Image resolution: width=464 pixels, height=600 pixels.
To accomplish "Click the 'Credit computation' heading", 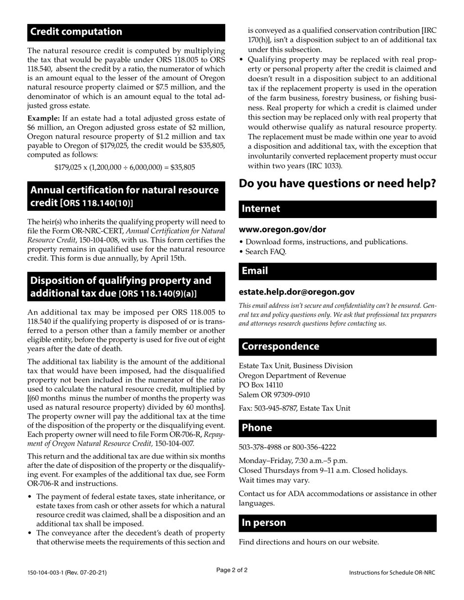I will pos(77,32).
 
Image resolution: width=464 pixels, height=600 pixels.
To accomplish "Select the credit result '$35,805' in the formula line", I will pos(182,167).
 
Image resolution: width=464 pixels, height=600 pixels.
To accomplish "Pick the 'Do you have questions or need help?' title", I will pos(337,184).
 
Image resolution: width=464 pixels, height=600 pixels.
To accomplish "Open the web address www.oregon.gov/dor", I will pos(282,229).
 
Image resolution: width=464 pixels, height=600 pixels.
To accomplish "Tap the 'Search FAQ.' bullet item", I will pos(266,252).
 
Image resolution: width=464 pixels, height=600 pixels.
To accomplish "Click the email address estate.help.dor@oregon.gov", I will pos(296,292).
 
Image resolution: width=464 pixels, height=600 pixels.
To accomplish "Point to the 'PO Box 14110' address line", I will pos(261,385).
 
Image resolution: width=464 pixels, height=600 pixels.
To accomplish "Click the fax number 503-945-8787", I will pos(279,408).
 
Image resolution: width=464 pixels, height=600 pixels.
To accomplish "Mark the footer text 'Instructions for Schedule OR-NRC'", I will pos(392,573).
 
